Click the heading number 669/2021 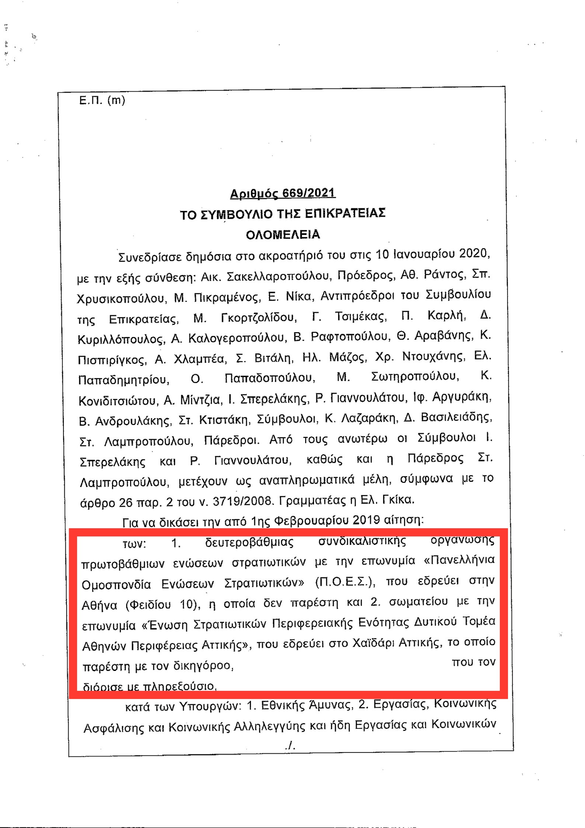click(x=309, y=193)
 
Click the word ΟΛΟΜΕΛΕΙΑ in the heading click(x=283, y=235)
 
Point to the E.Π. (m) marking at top click(x=102, y=100)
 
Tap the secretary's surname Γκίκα click(x=399, y=500)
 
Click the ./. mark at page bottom click(x=290, y=746)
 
